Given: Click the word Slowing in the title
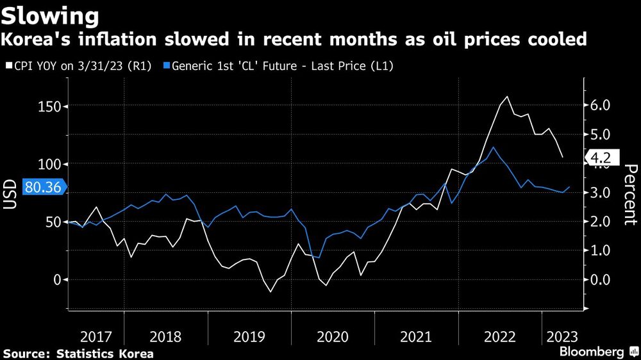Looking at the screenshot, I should [51, 14].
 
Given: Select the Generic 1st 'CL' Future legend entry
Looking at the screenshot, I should [281, 65].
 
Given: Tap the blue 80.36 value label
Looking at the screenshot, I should [43, 187].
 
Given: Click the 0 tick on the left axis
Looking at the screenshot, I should [56, 280].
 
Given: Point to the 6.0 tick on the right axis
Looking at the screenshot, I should [599, 106].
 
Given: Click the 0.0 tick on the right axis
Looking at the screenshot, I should [599, 280].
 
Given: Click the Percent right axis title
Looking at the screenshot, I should [631, 195].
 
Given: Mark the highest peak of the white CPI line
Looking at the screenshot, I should [508, 97].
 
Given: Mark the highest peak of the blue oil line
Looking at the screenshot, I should [492, 147].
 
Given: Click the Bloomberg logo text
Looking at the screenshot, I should [592, 352].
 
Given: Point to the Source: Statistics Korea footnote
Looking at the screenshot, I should [78, 353].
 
